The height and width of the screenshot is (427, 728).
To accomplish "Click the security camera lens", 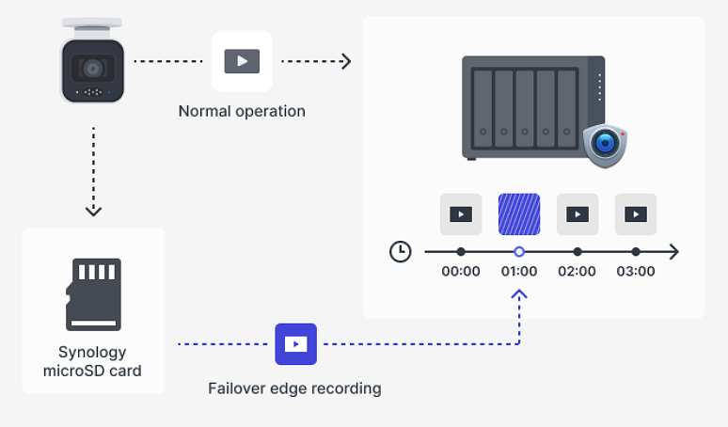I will click(92, 69).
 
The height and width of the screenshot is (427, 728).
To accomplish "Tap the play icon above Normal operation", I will click(242, 61).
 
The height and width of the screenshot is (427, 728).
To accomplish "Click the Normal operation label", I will click(242, 111).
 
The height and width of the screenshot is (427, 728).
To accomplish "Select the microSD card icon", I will click(93, 293).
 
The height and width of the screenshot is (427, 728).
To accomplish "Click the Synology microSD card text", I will click(92, 361).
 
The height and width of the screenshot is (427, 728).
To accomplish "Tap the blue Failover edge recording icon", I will click(295, 344).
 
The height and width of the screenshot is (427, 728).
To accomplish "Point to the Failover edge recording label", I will click(294, 387).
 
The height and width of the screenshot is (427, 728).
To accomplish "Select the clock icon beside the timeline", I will click(401, 252).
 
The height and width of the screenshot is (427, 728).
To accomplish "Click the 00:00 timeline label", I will click(461, 271).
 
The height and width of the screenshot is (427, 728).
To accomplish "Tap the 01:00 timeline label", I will click(519, 271).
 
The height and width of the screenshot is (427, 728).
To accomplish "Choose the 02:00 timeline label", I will click(578, 271).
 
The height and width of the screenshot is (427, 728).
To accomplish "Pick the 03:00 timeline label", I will click(636, 271).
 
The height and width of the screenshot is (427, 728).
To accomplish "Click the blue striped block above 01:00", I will click(519, 214).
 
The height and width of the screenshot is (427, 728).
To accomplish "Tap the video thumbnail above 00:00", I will click(461, 214).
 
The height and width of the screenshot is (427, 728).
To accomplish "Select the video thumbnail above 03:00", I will click(636, 214).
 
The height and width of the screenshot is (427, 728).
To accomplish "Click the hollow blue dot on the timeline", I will click(519, 252).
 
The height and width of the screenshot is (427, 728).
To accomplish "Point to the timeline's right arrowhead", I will click(673, 252).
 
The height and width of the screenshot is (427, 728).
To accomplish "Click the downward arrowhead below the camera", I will click(93, 211).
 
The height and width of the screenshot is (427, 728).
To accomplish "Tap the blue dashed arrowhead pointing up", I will click(519, 295).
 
